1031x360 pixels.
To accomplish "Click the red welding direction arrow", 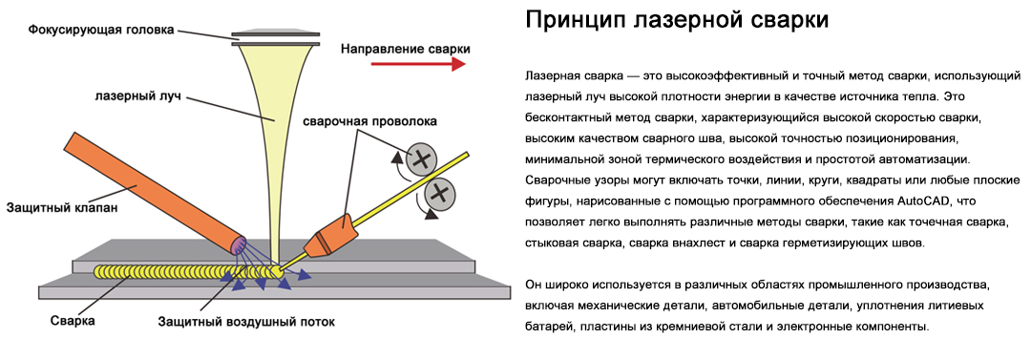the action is point(418,64).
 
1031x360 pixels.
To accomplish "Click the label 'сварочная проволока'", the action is point(369,122).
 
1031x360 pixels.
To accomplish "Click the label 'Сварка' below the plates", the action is point(73,322).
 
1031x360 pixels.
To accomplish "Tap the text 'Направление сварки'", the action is point(405,48).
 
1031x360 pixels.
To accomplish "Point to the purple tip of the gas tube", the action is point(236,245).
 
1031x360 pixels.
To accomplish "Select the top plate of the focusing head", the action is point(276,32).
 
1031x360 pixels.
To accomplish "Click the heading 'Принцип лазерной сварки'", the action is point(677,20).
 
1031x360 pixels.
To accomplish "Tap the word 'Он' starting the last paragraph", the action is point(534,285).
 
